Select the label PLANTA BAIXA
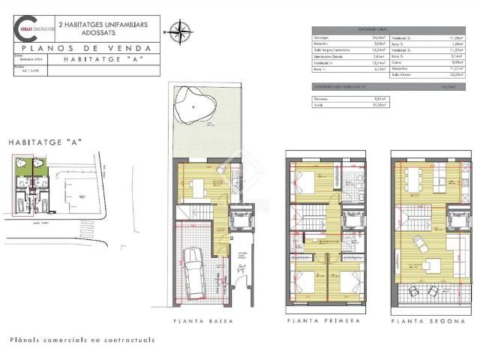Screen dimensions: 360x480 pos(203,321)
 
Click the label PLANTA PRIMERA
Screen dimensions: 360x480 pos(322,321)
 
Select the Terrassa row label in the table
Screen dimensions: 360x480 pos(321,98)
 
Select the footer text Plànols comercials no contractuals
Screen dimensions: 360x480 pos(82,340)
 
